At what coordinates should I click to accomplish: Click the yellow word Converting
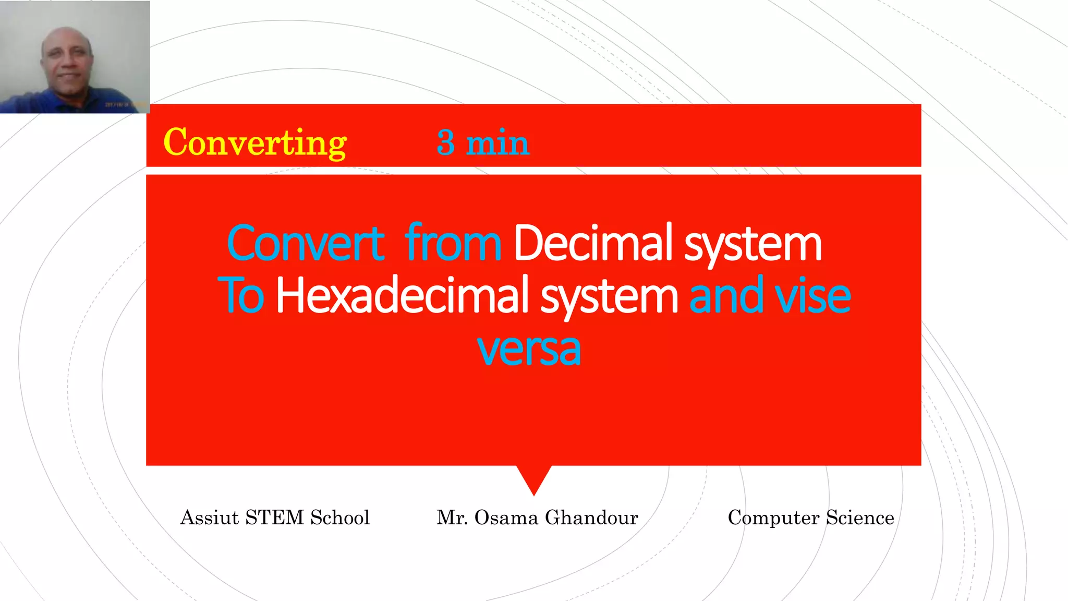(x=255, y=142)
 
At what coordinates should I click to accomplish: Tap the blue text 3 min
(x=483, y=142)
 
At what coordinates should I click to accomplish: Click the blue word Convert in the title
(x=306, y=243)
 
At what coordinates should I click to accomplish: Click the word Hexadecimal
(x=398, y=295)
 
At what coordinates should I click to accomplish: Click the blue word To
(x=241, y=295)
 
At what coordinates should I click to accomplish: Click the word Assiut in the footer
(x=209, y=518)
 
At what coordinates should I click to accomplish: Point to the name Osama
(x=506, y=518)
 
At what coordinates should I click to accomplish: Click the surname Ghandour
(x=591, y=518)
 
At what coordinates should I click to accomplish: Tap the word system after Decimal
(x=753, y=244)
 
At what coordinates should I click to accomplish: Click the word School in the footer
(x=340, y=518)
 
